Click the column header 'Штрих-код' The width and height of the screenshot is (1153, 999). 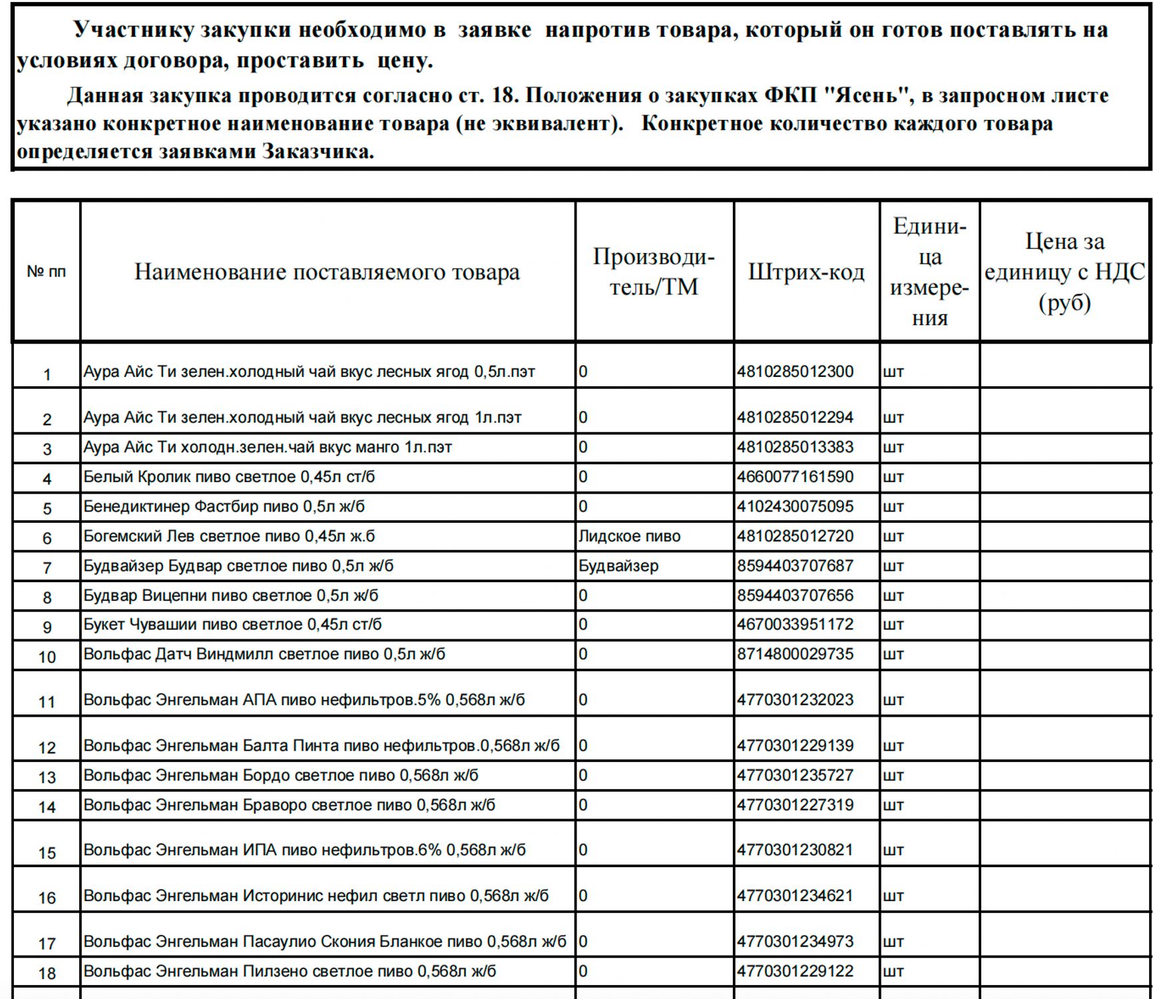(x=806, y=272)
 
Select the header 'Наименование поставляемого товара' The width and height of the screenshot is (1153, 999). (x=327, y=272)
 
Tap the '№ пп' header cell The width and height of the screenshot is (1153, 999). (x=47, y=272)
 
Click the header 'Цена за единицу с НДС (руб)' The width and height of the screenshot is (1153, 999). (x=1064, y=272)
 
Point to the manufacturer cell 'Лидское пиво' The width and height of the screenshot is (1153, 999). (x=629, y=536)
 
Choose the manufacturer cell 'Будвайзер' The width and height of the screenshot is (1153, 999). (x=618, y=566)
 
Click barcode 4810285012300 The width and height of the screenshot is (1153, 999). (x=795, y=372)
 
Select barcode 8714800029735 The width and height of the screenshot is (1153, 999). (x=795, y=654)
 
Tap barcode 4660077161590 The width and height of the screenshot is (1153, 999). (x=795, y=477)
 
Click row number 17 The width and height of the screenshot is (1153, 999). (x=47, y=944)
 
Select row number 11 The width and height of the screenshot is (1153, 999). (x=47, y=701)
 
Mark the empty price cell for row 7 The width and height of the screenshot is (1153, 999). (x=1064, y=566)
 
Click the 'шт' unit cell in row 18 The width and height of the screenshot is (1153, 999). (x=893, y=972)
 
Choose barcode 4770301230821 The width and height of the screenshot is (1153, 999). (x=795, y=850)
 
